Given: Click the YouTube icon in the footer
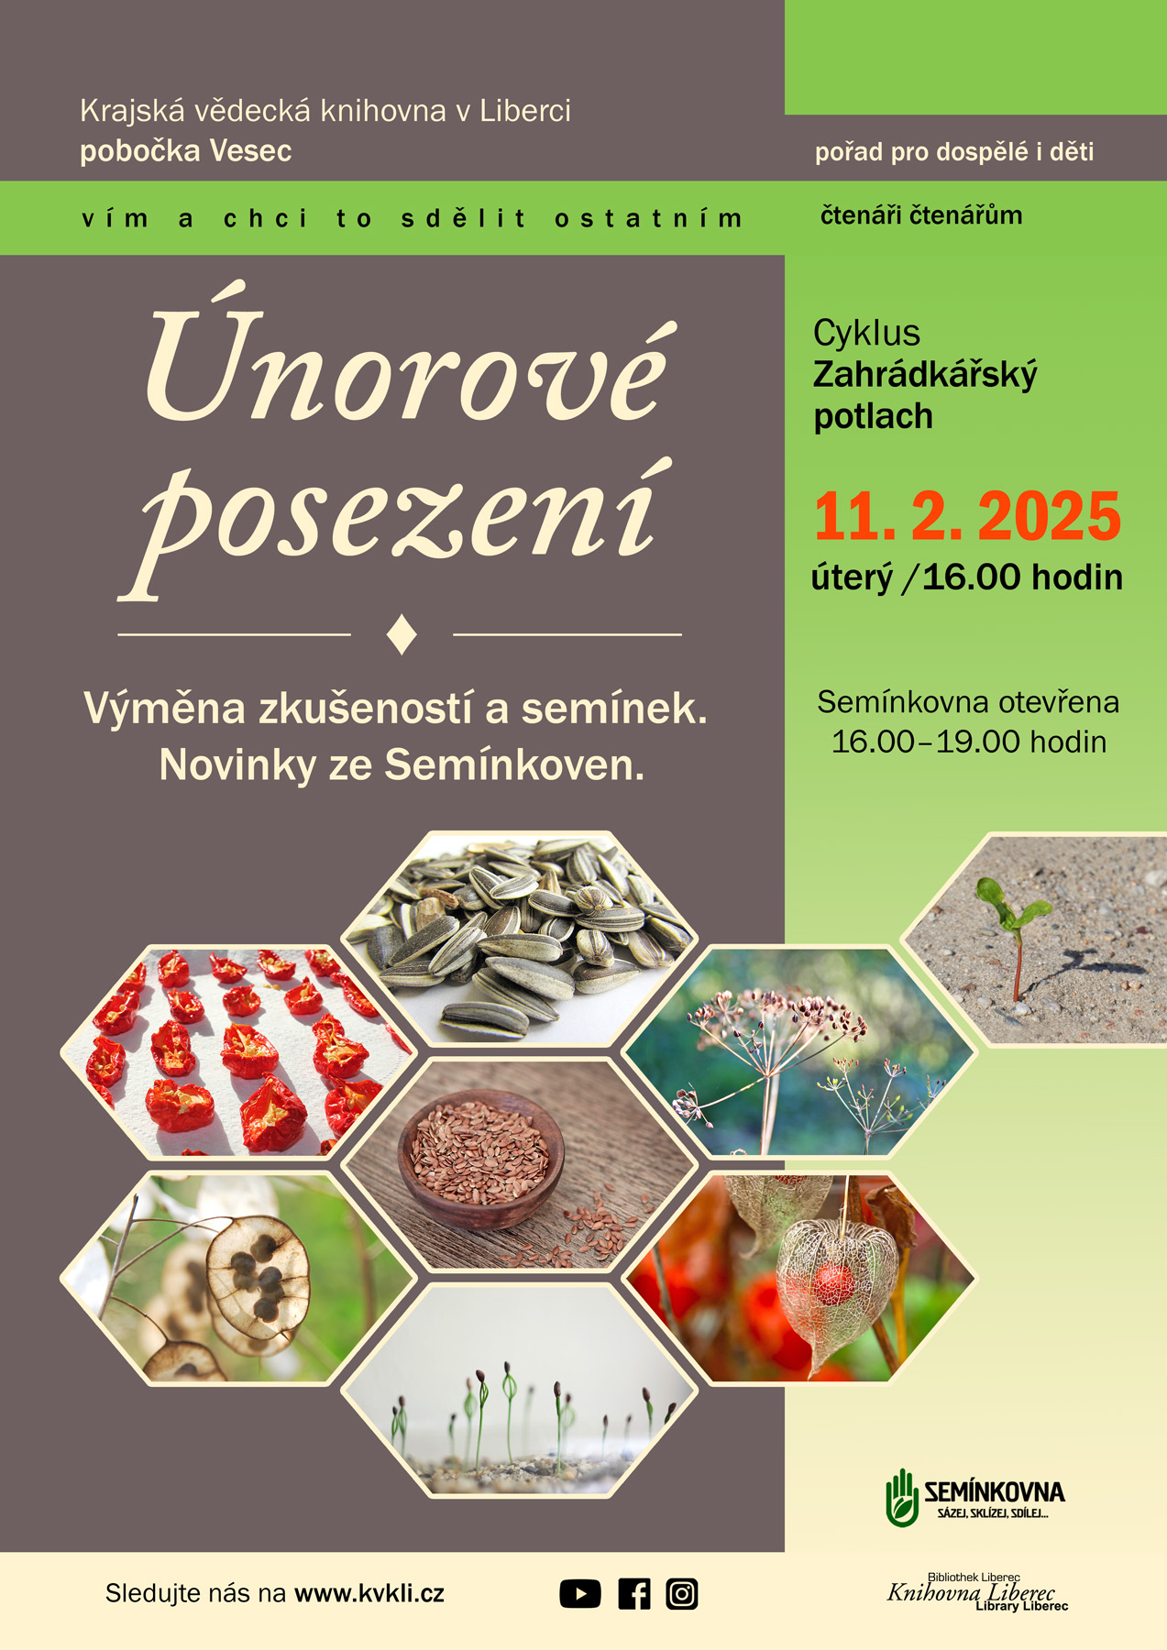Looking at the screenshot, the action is (x=580, y=1594).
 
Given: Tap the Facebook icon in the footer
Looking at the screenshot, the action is (x=634, y=1594).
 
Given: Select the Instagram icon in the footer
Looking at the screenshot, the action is (x=682, y=1594).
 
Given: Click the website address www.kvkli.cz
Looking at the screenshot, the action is (x=369, y=1593).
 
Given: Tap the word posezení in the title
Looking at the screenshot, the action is (x=396, y=526).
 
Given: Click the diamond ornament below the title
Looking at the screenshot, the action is (x=402, y=634).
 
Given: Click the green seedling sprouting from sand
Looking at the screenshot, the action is (x=1012, y=935).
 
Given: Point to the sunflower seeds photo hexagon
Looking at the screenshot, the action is (x=520, y=938).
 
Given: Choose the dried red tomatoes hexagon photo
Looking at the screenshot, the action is (x=238, y=1051).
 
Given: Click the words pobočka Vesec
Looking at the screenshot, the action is (x=186, y=151).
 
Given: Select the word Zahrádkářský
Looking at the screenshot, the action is (x=925, y=376).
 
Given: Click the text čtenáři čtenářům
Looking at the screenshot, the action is (x=921, y=215).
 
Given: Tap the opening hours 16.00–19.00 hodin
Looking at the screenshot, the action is (x=969, y=742).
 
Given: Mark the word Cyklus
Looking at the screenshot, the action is (x=866, y=333).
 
